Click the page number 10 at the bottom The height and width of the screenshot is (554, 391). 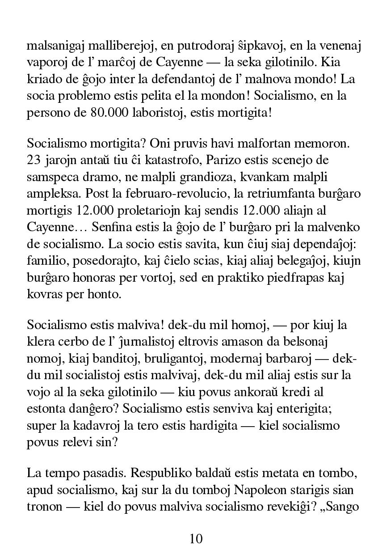(x=196, y=538)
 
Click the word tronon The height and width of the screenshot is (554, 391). (x=43, y=507)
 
